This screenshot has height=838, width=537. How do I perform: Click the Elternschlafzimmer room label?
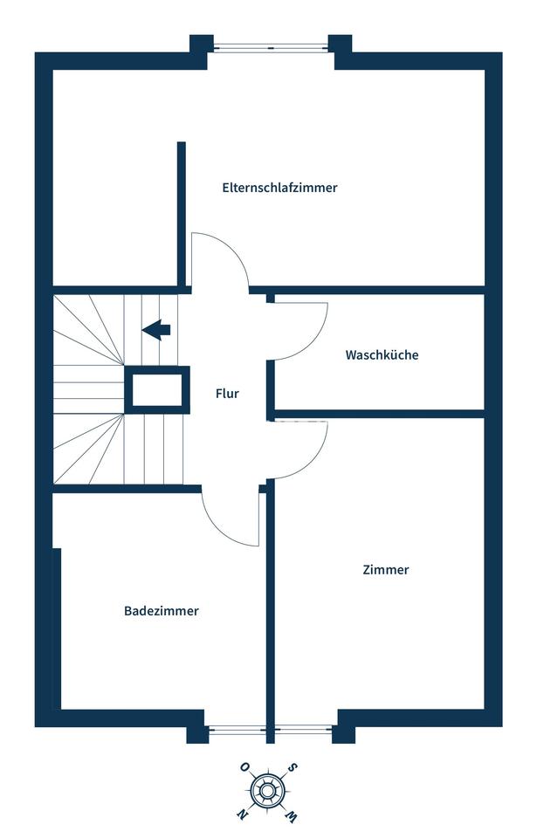pyautogui.click(x=279, y=188)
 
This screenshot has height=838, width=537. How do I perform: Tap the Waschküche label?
pyautogui.click(x=382, y=355)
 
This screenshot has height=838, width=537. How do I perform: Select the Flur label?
pyautogui.click(x=227, y=394)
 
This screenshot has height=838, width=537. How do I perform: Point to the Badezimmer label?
pyautogui.click(x=161, y=611)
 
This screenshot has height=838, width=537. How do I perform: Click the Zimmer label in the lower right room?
pyautogui.click(x=386, y=570)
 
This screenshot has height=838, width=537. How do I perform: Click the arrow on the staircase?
pyautogui.click(x=156, y=330)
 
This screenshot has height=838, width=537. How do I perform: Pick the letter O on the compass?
pyautogui.click(x=244, y=767)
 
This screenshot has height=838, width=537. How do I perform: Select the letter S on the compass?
pyautogui.click(x=292, y=768)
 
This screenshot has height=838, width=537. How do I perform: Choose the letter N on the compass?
pyautogui.click(x=242, y=814)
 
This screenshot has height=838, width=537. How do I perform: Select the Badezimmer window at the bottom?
pyautogui.click(x=236, y=730)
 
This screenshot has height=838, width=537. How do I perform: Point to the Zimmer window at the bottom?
pyautogui.click(x=303, y=730)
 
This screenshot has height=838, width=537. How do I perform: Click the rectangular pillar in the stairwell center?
pyautogui.click(x=157, y=389)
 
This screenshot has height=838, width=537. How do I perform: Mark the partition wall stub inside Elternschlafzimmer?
pyautogui.click(x=182, y=215)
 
